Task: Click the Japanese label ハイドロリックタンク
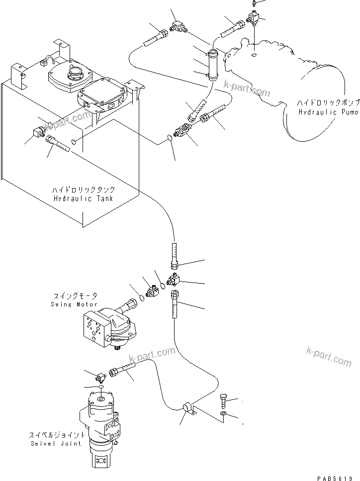(84, 190)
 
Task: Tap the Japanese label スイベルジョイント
(56, 435)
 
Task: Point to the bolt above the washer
(223, 400)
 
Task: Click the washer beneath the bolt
(223, 414)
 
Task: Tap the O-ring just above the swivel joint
(101, 387)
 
